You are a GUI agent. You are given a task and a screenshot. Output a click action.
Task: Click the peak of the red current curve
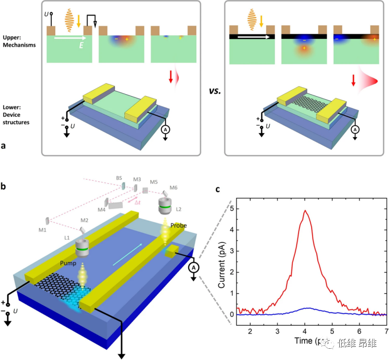(x=306, y=210)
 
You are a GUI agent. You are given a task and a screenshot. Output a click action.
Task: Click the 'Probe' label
(x=179, y=225)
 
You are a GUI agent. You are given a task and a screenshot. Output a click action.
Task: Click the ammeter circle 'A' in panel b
(x=192, y=268)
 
